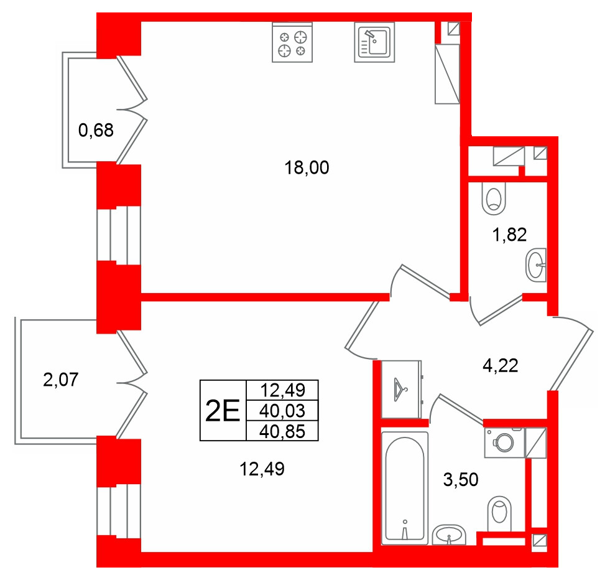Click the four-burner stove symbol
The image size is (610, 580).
(292, 42)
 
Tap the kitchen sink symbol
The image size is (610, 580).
(374, 42)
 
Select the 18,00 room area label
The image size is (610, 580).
(307, 168)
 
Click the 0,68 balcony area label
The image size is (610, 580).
(96, 130)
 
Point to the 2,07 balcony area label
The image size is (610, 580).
(61, 380)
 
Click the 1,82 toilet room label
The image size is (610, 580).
(509, 235)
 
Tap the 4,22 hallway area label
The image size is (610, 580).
(501, 366)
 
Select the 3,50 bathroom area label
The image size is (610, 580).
(461, 480)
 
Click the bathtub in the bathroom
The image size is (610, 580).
(405, 488)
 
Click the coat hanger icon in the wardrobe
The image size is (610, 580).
(400, 389)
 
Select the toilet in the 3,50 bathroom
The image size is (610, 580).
(499, 513)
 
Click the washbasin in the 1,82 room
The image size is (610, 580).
(536, 265)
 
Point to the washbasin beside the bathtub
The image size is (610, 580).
(449, 535)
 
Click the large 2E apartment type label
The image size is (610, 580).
(223, 411)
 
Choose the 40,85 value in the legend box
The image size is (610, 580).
(282, 432)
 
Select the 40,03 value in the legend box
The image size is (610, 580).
(282, 411)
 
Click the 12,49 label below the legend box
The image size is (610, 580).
(262, 469)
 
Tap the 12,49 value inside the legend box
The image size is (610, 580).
(283, 390)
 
